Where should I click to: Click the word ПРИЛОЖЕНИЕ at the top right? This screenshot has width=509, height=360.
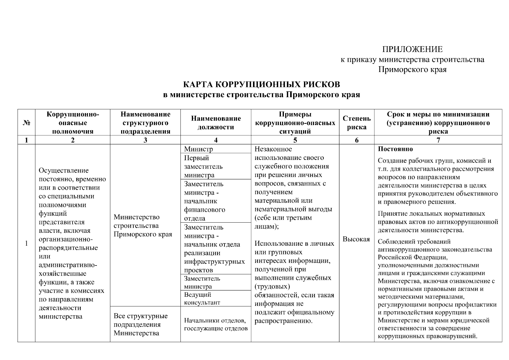click(412, 49)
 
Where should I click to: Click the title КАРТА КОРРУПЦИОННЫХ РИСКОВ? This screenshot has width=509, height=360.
click(261, 84)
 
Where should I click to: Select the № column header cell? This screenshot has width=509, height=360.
click(26, 123)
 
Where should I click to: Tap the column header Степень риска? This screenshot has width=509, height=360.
click(356, 123)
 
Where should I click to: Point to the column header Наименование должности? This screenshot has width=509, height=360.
click(216, 123)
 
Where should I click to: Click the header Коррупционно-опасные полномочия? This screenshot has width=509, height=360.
click(73, 123)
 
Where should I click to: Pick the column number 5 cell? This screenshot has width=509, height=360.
click(295, 140)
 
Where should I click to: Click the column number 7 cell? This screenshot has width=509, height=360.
click(438, 140)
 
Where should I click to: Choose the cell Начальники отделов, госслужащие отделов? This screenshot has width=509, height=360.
click(216, 324)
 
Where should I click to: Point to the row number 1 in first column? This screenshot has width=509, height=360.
click(26, 243)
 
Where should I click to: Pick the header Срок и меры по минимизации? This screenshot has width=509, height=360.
click(438, 114)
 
